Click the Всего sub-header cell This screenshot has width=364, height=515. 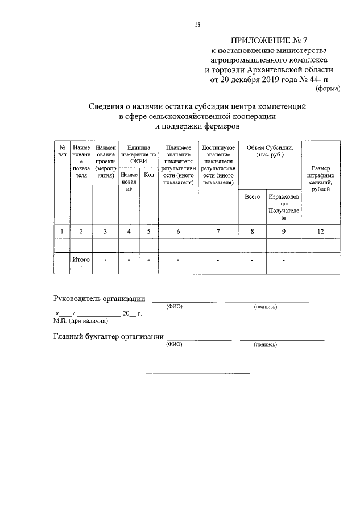[252, 196]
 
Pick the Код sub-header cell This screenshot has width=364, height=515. [149, 175]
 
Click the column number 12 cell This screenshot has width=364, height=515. [321, 231]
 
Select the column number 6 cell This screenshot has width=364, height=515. [178, 231]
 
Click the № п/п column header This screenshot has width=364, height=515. [61, 150]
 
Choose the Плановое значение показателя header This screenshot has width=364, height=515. [178, 165]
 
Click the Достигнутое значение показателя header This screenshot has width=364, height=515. [218, 165]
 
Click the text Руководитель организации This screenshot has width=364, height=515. [99, 299]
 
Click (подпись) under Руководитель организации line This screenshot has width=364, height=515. [266, 307]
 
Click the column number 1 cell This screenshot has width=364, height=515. [61, 231]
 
